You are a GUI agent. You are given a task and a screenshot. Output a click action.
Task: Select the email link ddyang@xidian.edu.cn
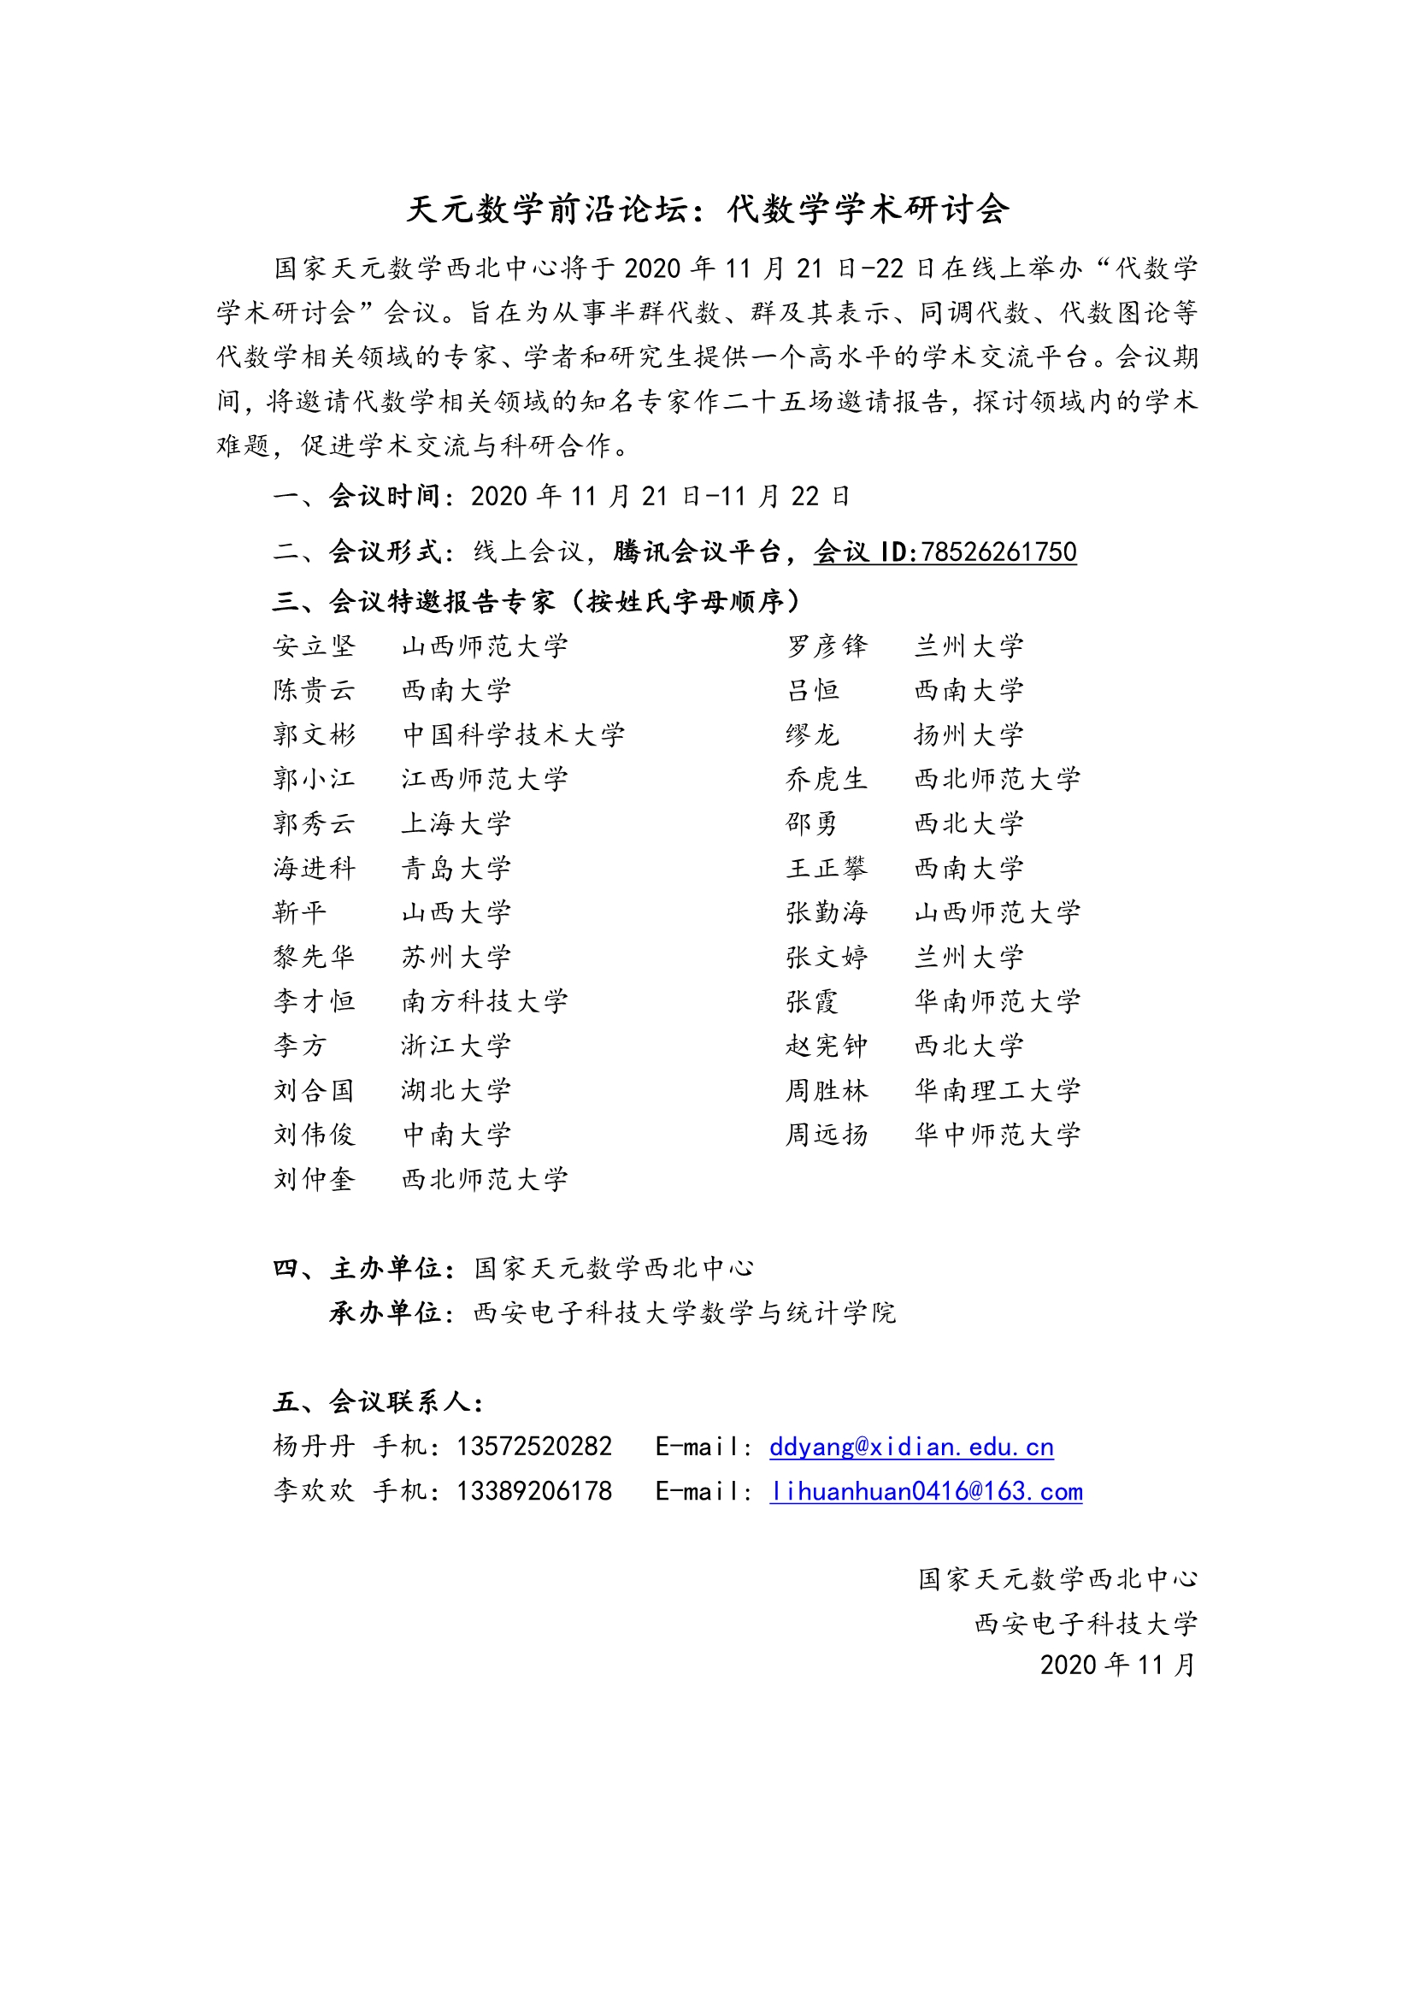click(910, 1446)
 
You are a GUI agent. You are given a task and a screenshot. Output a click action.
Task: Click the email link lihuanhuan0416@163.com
click(926, 1490)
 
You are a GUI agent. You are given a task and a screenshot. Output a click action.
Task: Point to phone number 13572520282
click(533, 1446)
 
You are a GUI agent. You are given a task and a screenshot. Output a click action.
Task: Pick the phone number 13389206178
click(533, 1490)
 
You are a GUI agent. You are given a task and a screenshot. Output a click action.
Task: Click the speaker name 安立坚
click(315, 646)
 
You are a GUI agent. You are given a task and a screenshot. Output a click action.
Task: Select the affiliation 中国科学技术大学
click(513, 734)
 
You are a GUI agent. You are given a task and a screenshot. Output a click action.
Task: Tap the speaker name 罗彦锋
click(827, 646)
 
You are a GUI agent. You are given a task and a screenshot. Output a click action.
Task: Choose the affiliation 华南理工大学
click(997, 1090)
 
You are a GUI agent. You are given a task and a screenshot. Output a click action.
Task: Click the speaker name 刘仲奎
click(315, 1179)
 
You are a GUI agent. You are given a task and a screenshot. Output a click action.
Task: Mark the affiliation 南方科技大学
click(484, 1001)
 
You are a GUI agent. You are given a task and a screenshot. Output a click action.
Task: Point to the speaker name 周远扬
click(827, 1135)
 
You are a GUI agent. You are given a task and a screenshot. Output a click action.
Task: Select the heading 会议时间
click(386, 496)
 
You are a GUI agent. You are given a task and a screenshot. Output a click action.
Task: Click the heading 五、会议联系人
click(378, 1401)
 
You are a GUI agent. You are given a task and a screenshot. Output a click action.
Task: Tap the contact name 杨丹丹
click(315, 1446)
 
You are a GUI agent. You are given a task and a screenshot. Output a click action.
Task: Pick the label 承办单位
click(386, 1312)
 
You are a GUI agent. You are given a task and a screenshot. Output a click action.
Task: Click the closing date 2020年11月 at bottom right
click(1118, 1665)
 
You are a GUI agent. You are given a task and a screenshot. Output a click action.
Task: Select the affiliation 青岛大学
click(456, 868)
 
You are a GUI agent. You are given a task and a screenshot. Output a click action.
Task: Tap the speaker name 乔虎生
click(827, 779)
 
